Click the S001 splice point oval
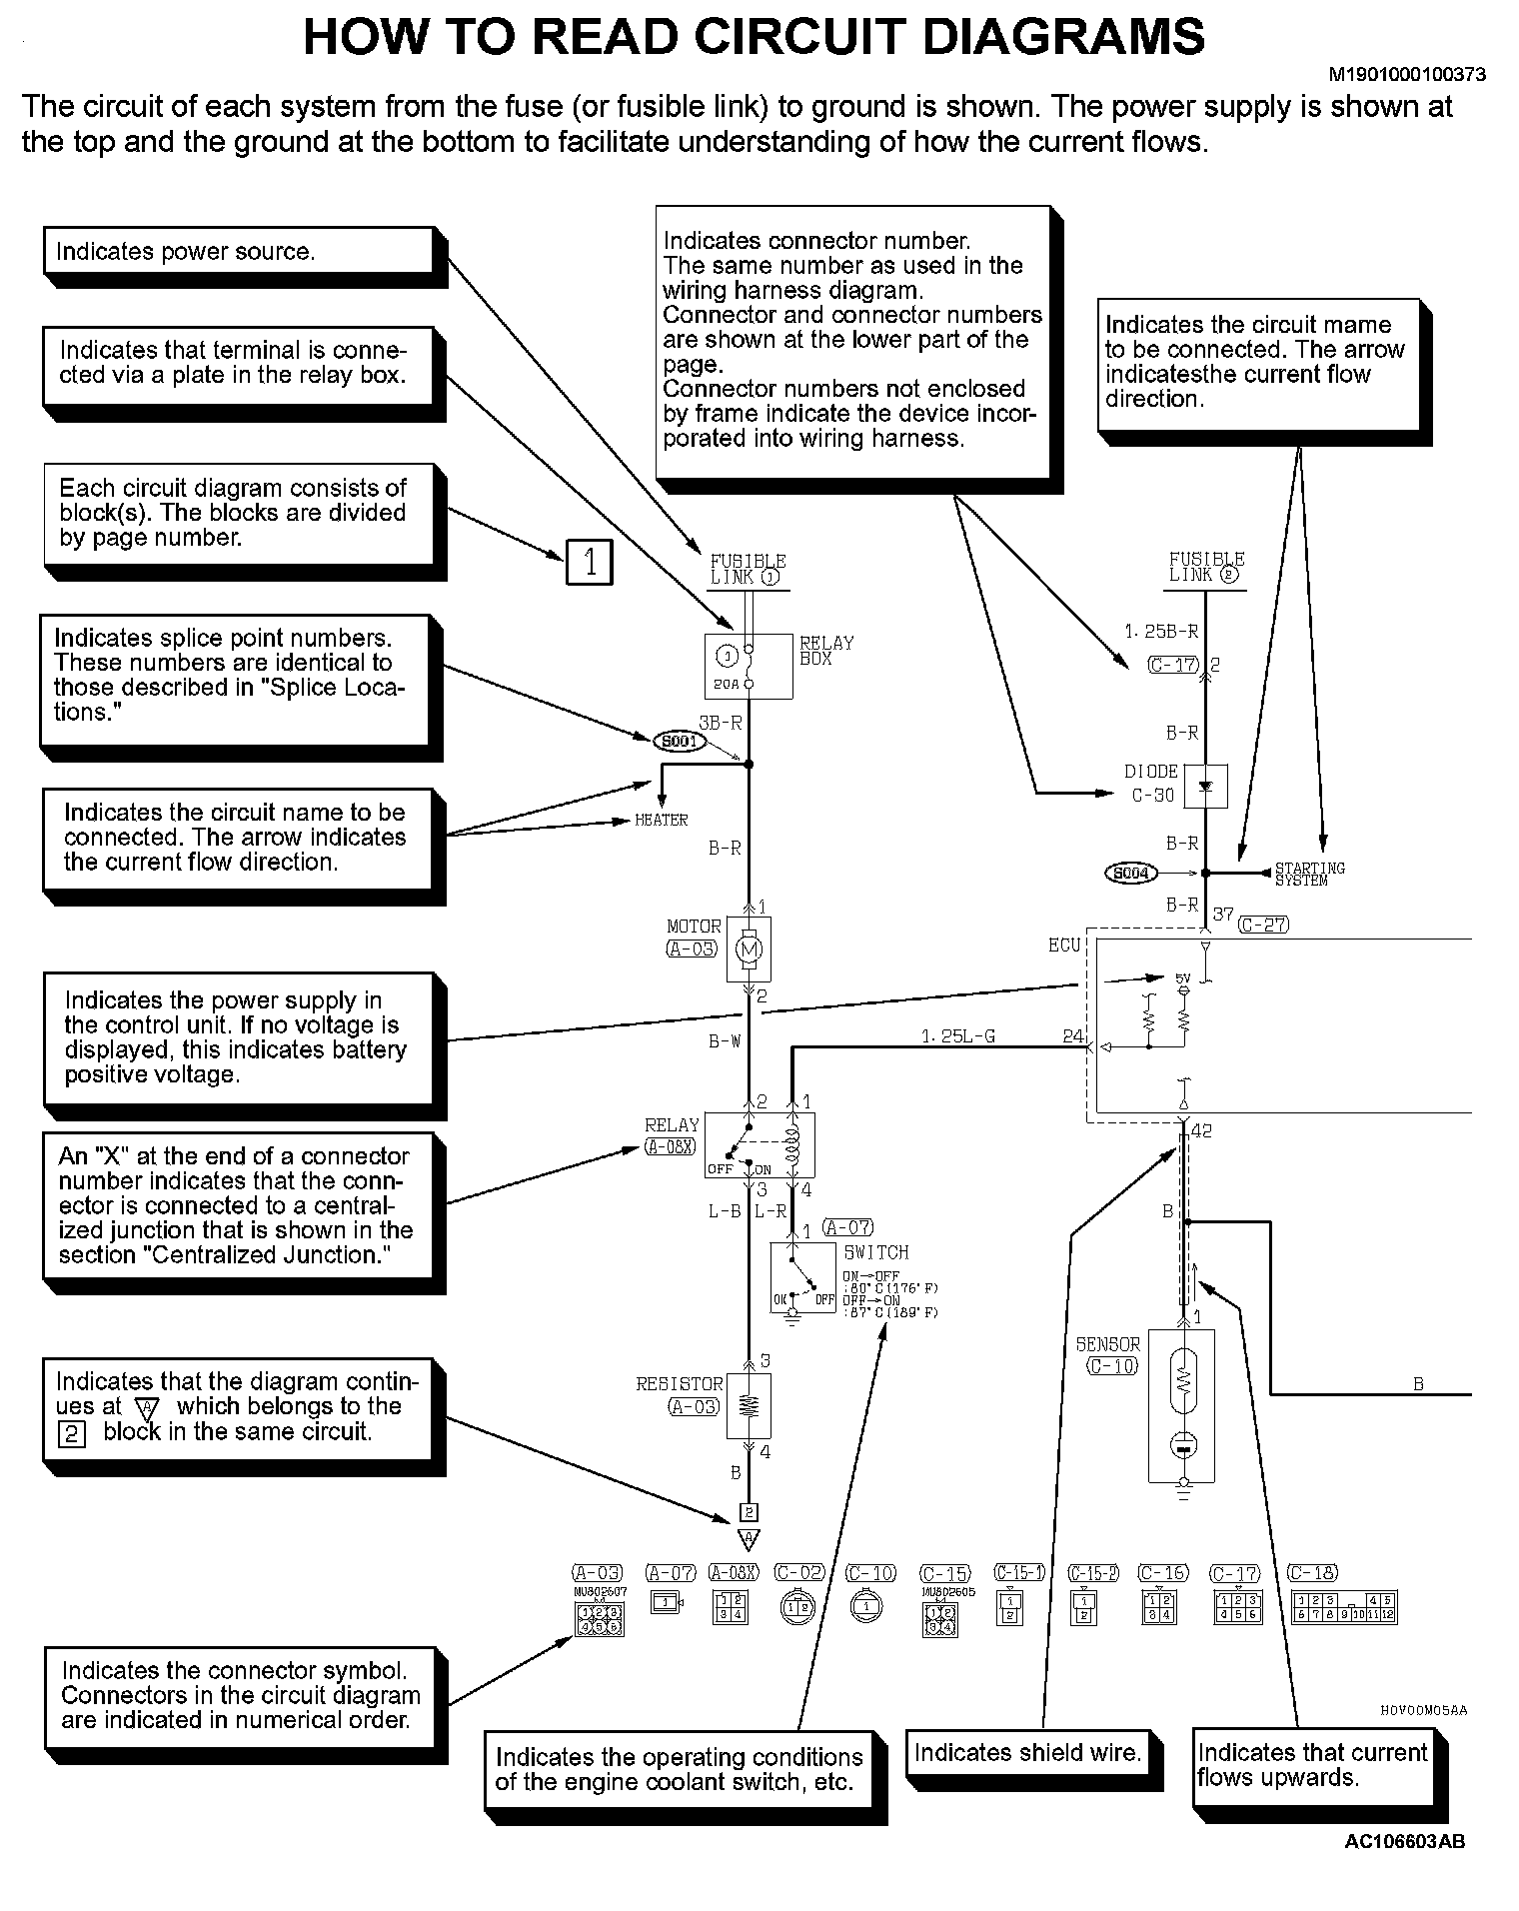click(x=680, y=742)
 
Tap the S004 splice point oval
click(x=1130, y=874)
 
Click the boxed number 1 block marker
click(x=590, y=563)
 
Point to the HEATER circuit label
click(x=662, y=821)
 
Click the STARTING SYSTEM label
click(x=1309, y=874)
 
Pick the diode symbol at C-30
click(x=1205, y=786)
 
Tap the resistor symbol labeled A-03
click(x=749, y=1406)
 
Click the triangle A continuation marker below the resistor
click(x=749, y=1539)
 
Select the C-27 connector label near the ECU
click(x=1263, y=925)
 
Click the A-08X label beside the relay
click(x=670, y=1146)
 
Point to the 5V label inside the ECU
click(x=1183, y=978)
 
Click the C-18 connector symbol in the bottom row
click(x=1344, y=1608)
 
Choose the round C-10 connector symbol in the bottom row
click(x=867, y=1606)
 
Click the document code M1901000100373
click(x=1406, y=74)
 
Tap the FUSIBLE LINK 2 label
click(x=1207, y=568)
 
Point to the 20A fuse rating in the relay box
click(x=728, y=685)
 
